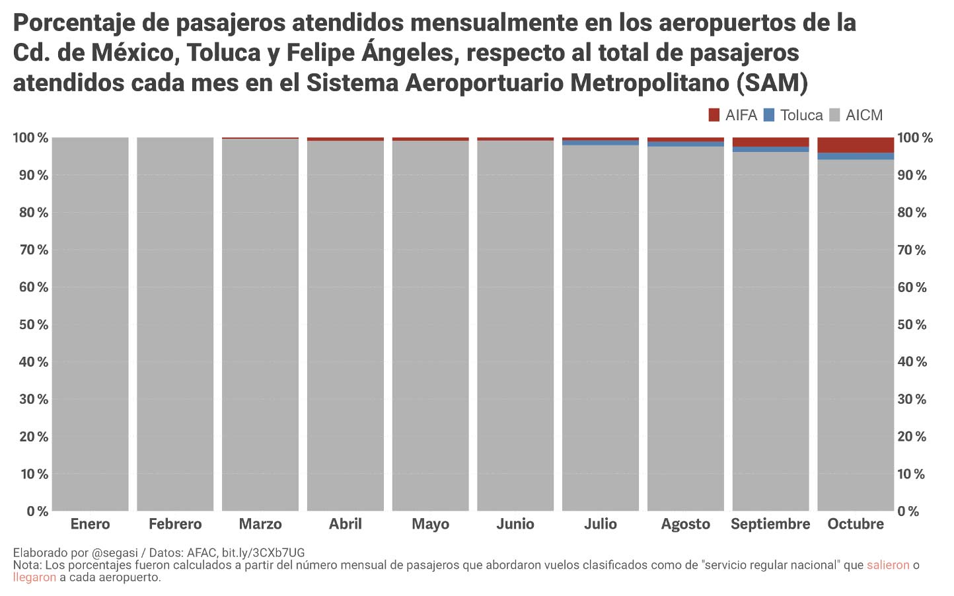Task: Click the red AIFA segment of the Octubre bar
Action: (x=856, y=145)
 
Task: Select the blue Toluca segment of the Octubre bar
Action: (x=856, y=156)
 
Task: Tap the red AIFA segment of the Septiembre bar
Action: (x=770, y=141)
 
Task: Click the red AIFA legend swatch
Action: (x=714, y=115)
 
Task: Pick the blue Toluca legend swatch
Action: (x=768, y=115)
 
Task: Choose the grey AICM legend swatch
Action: (x=834, y=115)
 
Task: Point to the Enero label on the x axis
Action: (x=90, y=524)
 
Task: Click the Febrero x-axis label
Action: (x=175, y=524)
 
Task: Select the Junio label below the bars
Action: (x=515, y=524)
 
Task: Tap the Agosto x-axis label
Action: (x=686, y=524)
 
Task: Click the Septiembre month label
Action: (x=770, y=524)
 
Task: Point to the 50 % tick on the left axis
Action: (x=30, y=324)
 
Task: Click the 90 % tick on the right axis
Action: (x=912, y=175)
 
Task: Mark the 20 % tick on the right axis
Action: (x=912, y=437)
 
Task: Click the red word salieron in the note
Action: (x=888, y=565)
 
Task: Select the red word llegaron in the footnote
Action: (x=34, y=577)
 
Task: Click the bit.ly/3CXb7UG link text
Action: (x=263, y=552)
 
